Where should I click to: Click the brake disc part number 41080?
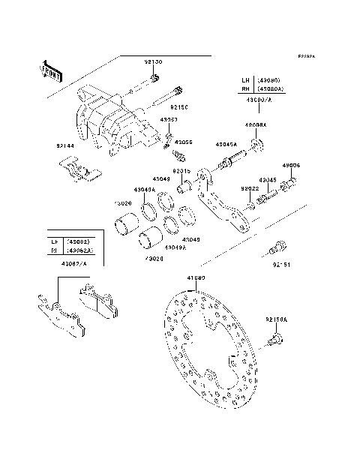pos(196,277)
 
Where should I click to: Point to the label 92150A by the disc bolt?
pos(276,319)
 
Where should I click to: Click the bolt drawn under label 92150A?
pos(274,340)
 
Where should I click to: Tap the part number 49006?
pos(291,165)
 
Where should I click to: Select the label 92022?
pos(250,189)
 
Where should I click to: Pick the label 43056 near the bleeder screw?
pos(184,142)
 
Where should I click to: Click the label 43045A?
pos(226,144)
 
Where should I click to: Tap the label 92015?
pos(181,171)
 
